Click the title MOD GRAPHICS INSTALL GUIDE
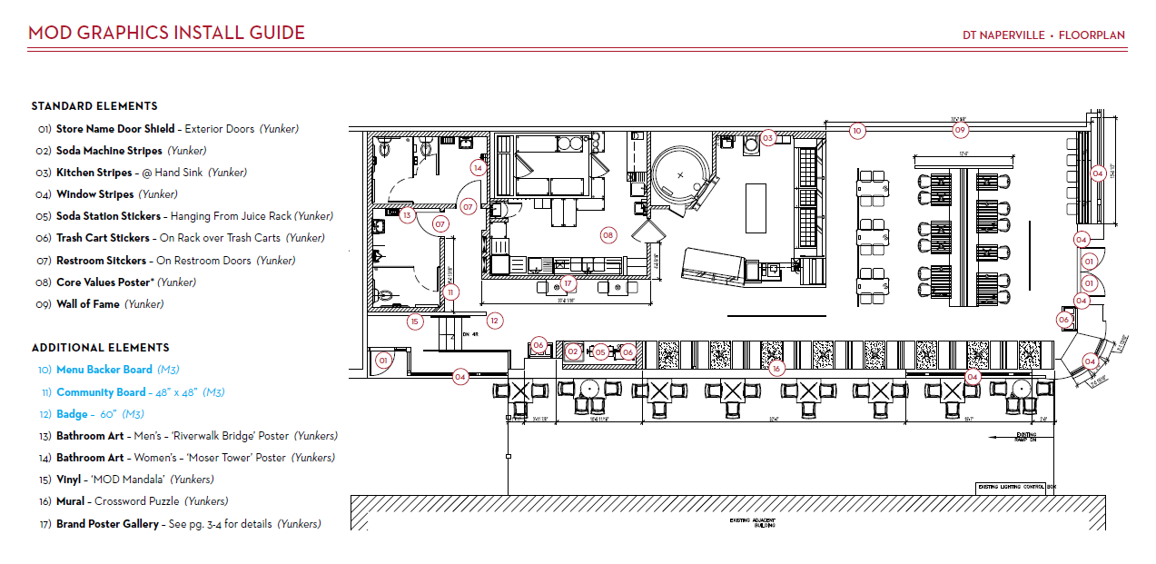click(x=166, y=34)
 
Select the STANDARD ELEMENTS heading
click(x=94, y=106)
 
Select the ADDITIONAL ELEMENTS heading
click(x=100, y=348)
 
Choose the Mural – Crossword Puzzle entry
click(x=141, y=501)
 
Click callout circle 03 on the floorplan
click(x=768, y=138)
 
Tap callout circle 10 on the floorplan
click(x=856, y=131)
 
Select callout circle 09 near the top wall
click(x=960, y=131)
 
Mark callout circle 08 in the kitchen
click(x=608, y=235)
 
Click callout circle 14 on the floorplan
click(x=478, y=167)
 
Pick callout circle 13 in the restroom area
click(x=408, y=215)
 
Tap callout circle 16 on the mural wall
click(x=775, y=369)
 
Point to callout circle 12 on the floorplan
click(x=494, y=320)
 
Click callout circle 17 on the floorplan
click(x=567, y=282)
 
